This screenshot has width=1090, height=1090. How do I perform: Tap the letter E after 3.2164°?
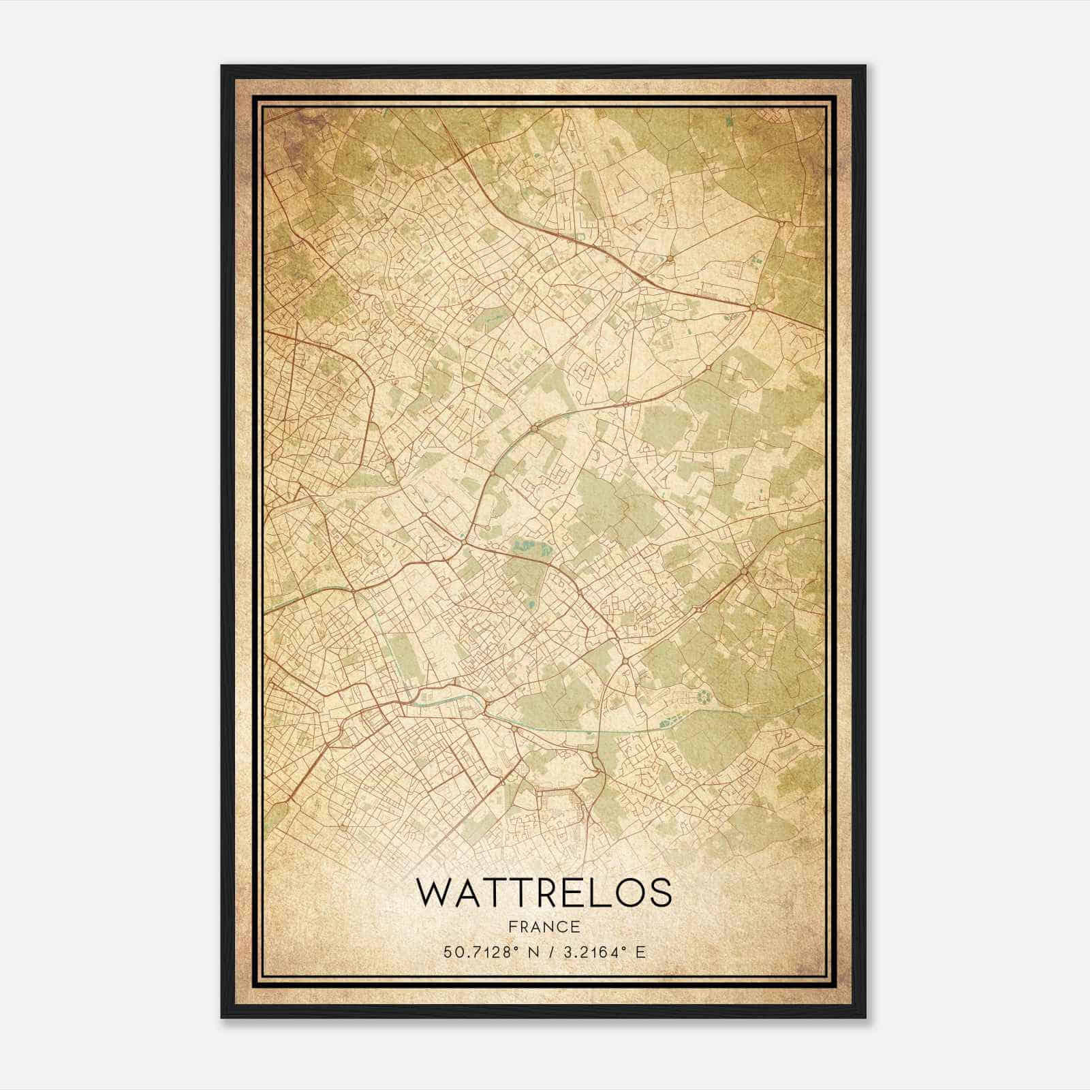[640, 952]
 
